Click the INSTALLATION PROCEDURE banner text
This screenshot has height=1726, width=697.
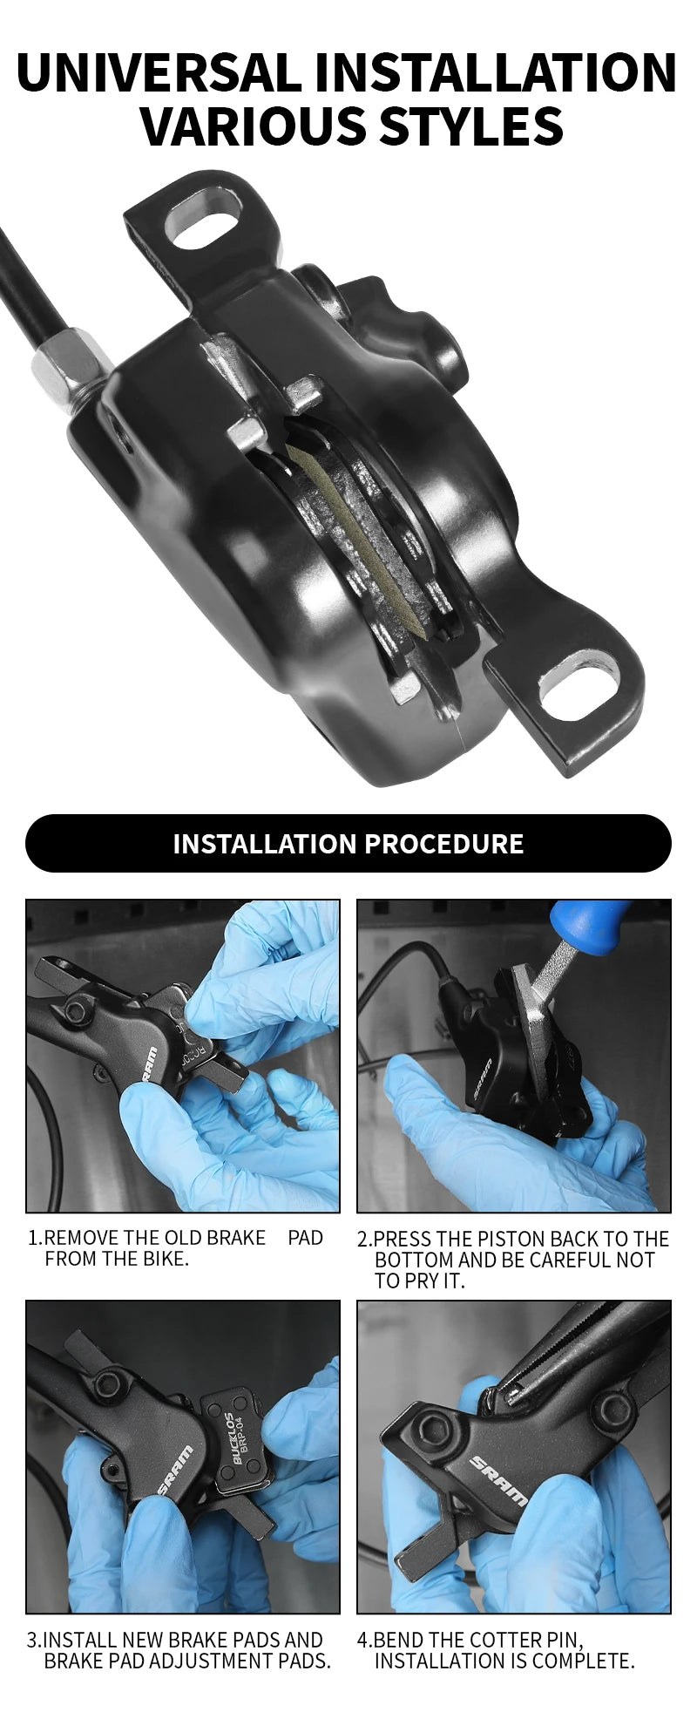pos(348,844)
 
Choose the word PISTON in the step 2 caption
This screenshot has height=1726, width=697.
pos(519,1239)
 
